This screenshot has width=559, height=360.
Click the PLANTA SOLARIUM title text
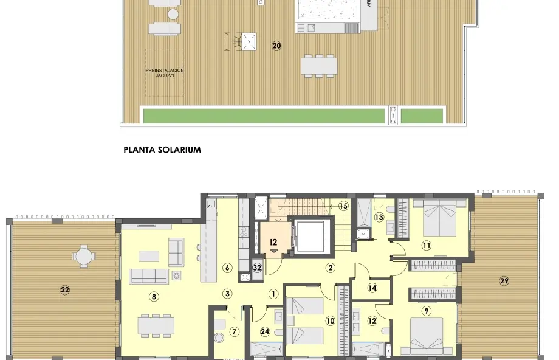tap(162, 150)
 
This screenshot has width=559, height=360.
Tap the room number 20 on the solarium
tap(276, 46)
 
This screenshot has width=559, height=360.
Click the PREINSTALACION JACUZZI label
tap(164, 73)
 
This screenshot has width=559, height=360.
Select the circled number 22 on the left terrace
tap(65, 290)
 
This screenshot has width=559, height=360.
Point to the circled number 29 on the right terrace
tap(504, 280)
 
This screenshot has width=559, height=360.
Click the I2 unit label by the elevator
tap(273, 241)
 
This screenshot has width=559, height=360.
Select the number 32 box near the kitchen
tap(257, 267)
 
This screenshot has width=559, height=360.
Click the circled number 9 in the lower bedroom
tap(427, 311)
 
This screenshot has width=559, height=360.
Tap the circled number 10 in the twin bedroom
tap(330, 320)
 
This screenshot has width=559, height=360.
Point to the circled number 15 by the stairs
tap(343, 206)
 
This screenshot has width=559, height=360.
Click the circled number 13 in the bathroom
tap(379, 217)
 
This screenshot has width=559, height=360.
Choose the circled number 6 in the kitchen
tap(227, 267)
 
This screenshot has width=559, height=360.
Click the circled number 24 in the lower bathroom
tap(264, 331)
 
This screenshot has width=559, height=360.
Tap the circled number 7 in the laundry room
tap(234, 331)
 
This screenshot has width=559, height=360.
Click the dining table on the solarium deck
tap(319, 65)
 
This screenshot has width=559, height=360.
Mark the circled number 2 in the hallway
tap(331, 267)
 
